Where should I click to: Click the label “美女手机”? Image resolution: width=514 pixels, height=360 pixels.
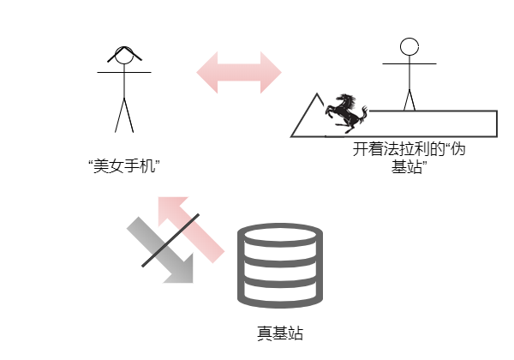tap(124, 166)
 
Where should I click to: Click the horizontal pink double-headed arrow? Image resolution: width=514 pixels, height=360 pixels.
tap(239, 73)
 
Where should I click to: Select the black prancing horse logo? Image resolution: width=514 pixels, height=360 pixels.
tap(346, 113)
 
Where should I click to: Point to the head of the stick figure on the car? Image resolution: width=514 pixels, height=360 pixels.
tap(409, 46)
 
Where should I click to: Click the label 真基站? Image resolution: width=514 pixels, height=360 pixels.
tap(280, 333)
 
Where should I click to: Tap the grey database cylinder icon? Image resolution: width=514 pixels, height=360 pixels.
tap(280, 266)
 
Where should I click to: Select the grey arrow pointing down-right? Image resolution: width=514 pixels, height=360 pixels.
tap(161, 251)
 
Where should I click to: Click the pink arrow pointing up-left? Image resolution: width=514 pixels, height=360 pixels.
tap(191, 230)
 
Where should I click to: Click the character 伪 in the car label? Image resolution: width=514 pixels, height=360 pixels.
tap(458, 149)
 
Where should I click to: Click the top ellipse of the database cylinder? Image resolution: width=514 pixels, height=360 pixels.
tap(280, 235)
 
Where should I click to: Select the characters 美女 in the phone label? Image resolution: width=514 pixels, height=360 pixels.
tap(109, 166)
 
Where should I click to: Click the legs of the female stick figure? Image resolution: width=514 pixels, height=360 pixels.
tap(124, 116)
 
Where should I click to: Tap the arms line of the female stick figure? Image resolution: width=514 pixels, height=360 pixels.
tap(124, 72)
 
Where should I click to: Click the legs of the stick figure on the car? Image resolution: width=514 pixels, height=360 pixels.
tap(409, 100)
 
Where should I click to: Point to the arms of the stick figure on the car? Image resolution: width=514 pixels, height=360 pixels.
tap(409, 63)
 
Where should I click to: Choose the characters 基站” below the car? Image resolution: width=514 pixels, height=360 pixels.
tap(409, 166)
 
